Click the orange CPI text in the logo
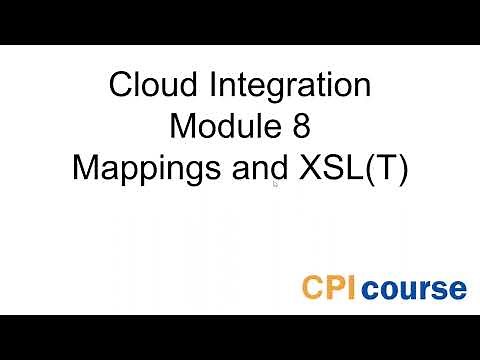pyautogui.click(x=330, y=288)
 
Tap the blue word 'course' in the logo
pyautogui.click(x=414, y=289)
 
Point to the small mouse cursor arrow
pyautogui.click(x=275, y=183)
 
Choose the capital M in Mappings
pyautogui.click(x=87, y=168)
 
